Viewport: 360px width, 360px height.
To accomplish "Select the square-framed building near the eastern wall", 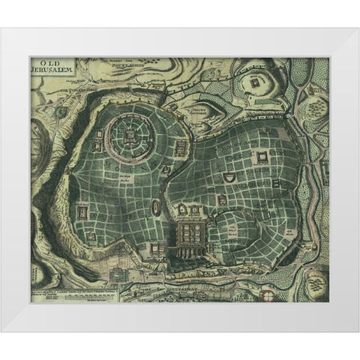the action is [x=262, y=156].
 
